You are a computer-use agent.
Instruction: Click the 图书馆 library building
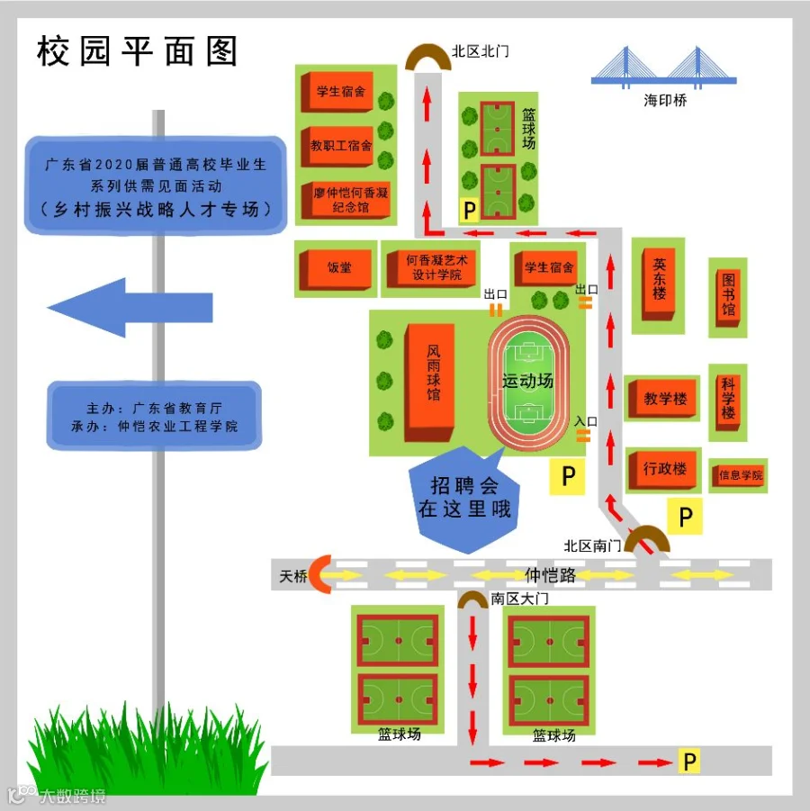pos(728,297)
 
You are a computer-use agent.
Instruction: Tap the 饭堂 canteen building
pos(337,267)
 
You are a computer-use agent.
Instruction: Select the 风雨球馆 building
pos(431,383)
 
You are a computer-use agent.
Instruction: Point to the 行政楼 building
pos(664,469)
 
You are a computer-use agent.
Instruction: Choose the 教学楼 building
pos(664,399)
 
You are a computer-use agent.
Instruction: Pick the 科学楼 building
pos(728,400)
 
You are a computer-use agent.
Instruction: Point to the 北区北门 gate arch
pos(427,59)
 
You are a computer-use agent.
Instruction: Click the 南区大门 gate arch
pos(472,599)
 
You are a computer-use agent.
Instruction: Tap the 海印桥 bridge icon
pos(663,68)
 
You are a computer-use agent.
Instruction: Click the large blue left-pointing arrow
pos(130,308)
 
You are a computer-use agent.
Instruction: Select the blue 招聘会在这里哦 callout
pos(463,500)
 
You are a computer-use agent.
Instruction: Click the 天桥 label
pos(292,575)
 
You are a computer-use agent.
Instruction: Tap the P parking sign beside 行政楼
pos(685,518)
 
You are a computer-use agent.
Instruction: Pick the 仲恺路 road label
pos(550,574)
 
